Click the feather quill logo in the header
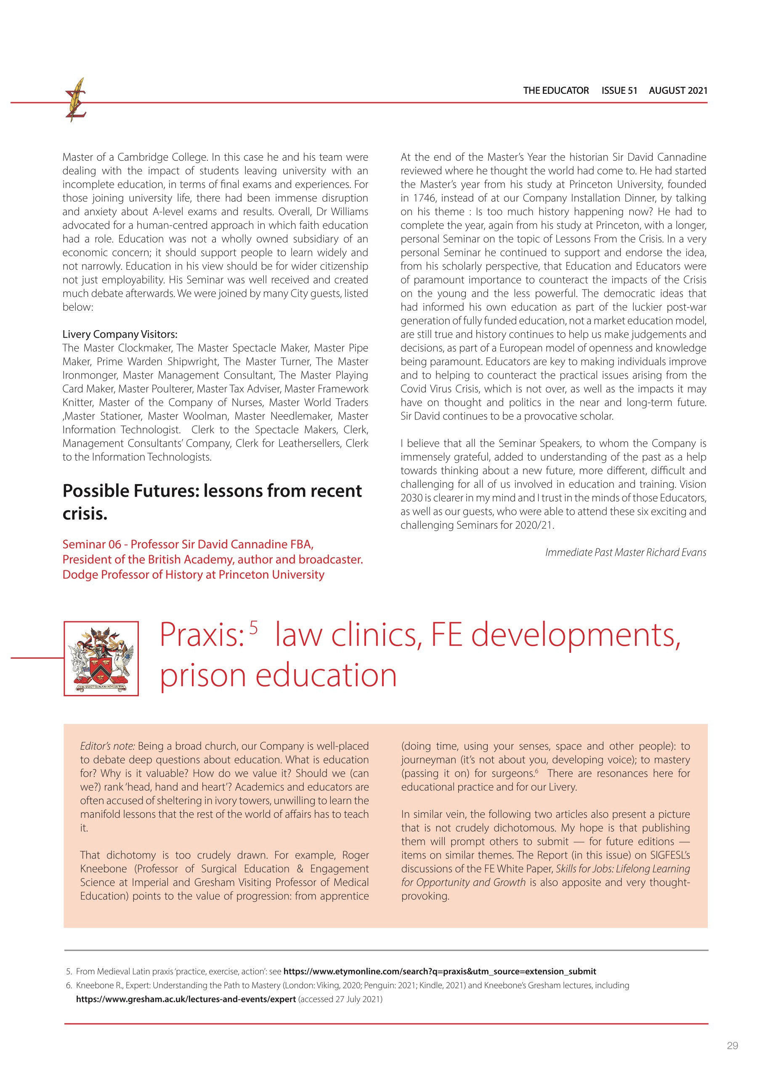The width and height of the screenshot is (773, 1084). tap(76, 100)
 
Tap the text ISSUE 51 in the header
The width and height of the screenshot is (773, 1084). tap(619, 90)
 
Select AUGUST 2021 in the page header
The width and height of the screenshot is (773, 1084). tap(678, 90)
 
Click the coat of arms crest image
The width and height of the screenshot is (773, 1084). tap(101, 658)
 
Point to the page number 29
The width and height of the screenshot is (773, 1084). tap(732, 1045)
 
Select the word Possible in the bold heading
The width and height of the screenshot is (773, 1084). tap(95, 490)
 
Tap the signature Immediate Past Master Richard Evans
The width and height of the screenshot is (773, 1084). tap(625, 552)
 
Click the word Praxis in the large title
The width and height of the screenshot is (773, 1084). tap(200, 635)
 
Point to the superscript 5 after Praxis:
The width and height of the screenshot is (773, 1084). tap(253, 627)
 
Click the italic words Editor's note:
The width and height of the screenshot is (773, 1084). tap(108, 746)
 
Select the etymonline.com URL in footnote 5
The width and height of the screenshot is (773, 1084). tap(439, 971)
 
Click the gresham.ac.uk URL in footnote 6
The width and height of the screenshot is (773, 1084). tap(186, 999)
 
